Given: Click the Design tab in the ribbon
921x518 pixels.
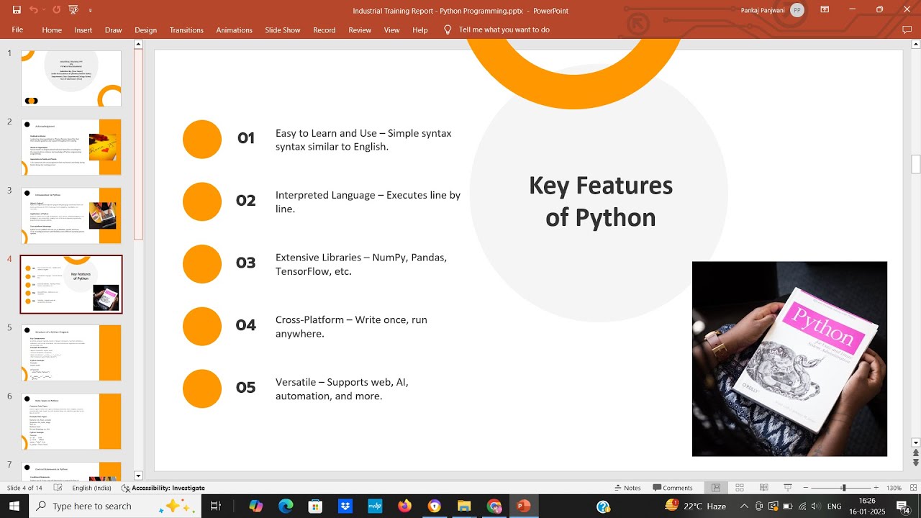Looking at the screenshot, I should tap(145, 30).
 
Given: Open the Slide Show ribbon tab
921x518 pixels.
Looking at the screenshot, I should tap(282, 30).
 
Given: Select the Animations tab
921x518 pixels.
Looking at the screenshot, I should tap(234, 30).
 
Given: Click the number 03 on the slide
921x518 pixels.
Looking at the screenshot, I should tap(245, 263).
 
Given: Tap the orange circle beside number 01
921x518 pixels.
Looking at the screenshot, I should tap(202, 139).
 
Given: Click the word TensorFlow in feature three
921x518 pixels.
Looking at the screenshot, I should tap(301, 271).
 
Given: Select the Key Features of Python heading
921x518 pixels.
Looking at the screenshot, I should tap(600, 201).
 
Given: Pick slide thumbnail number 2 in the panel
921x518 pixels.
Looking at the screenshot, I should tap(71, 147).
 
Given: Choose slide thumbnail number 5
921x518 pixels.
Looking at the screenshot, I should tap(71, 353).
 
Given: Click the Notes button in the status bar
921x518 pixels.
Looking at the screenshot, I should tap(627, 488).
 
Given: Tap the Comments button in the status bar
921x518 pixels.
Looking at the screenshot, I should tap(672, 488).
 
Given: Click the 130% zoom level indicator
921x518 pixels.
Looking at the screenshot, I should tap(894, 488).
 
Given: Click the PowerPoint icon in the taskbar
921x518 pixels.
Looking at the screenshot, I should tap(523, 506).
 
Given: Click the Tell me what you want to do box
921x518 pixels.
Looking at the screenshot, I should tap(504, 30).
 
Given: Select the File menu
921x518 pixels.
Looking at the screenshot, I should tap(17, 30).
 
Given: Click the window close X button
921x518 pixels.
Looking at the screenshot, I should tap(907, 10).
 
